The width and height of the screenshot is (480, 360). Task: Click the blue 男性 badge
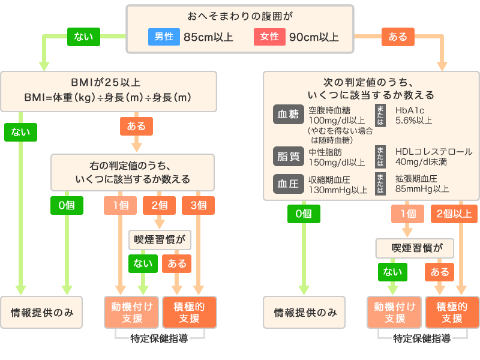(x=163, y=37)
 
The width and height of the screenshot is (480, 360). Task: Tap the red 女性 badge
(x=269, y=37)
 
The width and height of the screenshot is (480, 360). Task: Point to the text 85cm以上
(x=208, y=37)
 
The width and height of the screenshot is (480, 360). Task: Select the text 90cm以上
(x=314, y=37)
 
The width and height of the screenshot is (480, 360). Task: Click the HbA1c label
(x=409, y=110)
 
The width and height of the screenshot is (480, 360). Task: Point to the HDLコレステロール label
(x=434, y=152)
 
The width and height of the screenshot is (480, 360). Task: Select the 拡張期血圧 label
(x=416, y=179)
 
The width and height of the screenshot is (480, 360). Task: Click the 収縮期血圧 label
(x=329, y=179)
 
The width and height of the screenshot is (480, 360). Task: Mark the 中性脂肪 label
(x=325, y=152)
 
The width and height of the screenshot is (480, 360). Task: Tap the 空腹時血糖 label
(x=329, y=110)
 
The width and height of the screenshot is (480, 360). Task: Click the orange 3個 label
(x=198, y=205)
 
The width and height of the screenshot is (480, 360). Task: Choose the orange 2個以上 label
(x=454, y=214)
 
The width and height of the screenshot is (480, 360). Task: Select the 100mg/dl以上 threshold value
(x=337, y=121)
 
